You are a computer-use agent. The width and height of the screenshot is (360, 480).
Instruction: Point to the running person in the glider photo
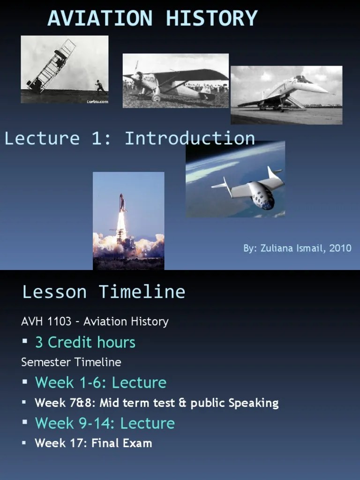(99, 87)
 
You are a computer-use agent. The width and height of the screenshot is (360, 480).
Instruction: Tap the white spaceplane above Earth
(255, 187)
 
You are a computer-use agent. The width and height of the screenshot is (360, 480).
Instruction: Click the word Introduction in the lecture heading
(190, 138)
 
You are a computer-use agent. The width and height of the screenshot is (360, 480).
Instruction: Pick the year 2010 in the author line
(340, 248)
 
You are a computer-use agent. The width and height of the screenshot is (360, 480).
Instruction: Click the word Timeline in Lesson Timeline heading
(142, 292)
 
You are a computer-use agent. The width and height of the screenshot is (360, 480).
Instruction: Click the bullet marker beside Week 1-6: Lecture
(25, 382)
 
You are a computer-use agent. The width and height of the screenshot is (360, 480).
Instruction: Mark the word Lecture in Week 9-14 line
(147, 423)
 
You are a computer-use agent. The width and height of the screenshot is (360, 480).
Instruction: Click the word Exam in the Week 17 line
(139, 443)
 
